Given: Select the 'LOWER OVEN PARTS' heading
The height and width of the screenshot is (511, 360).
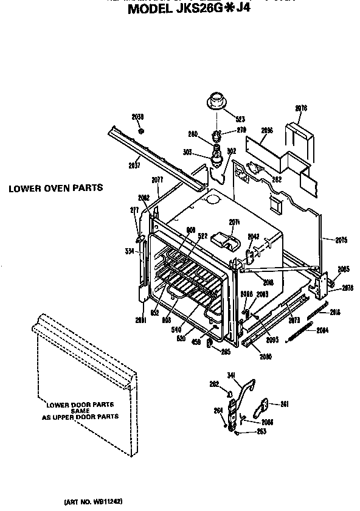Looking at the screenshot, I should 55,188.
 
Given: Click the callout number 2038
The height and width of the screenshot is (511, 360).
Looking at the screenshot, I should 137,116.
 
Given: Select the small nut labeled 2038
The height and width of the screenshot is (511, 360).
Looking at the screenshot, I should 141,130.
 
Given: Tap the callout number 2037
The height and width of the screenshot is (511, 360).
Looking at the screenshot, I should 134,164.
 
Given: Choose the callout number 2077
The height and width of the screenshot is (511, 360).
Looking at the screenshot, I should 157,179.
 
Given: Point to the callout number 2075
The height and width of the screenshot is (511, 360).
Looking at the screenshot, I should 341,240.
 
